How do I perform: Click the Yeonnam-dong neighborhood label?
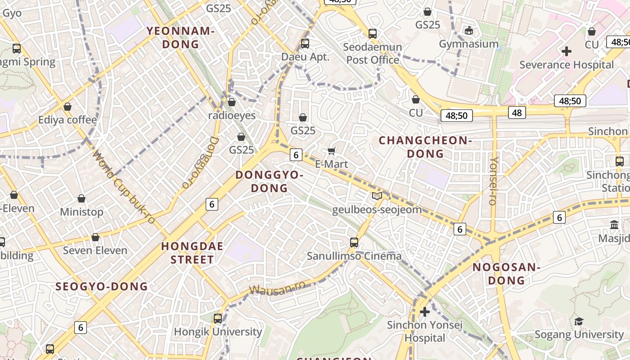[180, 37]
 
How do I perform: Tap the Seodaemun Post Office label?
[373, 53]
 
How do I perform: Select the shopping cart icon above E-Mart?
[332, 151]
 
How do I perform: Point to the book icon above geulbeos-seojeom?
[377, 196]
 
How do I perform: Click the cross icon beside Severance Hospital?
[567, 51]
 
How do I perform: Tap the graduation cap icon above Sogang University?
[579, 321]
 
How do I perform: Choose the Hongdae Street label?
[187, 253]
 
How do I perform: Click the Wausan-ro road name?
[277, 288]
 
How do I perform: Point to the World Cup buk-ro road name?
[124, 187]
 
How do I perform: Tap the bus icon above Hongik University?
[218, 319]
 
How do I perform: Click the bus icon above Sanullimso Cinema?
[354, 243]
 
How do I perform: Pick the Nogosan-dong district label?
[506, 274]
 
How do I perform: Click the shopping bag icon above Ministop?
[81, 198]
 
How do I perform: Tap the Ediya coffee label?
[67, 120]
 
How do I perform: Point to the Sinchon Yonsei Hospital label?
[424, 331]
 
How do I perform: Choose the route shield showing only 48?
[517, 112]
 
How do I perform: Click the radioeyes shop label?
[232, 116]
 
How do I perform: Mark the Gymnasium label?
[468, 44]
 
